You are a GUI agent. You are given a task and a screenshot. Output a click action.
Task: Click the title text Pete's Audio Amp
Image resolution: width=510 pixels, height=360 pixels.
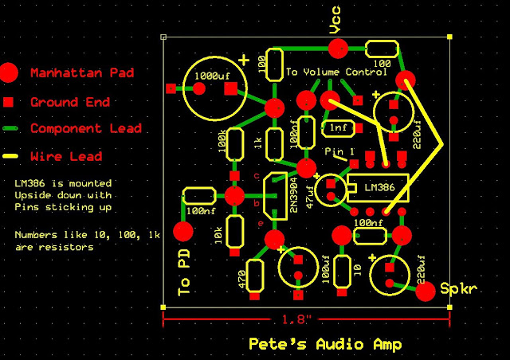[325, 345]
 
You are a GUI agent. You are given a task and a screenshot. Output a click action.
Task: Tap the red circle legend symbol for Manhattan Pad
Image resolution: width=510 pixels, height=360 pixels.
[8, 72]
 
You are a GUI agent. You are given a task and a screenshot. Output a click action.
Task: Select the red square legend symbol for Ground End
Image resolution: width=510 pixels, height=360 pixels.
[8, 102]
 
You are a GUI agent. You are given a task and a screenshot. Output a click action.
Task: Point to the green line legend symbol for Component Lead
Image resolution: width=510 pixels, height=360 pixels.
[8, 128]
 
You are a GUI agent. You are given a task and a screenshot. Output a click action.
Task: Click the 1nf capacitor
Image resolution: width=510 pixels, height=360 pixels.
[338, 127]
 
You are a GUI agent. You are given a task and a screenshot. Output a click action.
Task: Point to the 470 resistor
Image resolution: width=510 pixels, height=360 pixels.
[256, 276]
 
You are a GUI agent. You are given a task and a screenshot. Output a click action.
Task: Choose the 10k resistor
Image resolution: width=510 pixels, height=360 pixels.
[234, 231]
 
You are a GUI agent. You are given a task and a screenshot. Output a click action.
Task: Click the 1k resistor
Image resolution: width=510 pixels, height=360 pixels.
[275, 143]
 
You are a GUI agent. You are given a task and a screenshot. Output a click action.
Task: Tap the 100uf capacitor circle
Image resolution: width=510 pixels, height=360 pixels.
[298, 266]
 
